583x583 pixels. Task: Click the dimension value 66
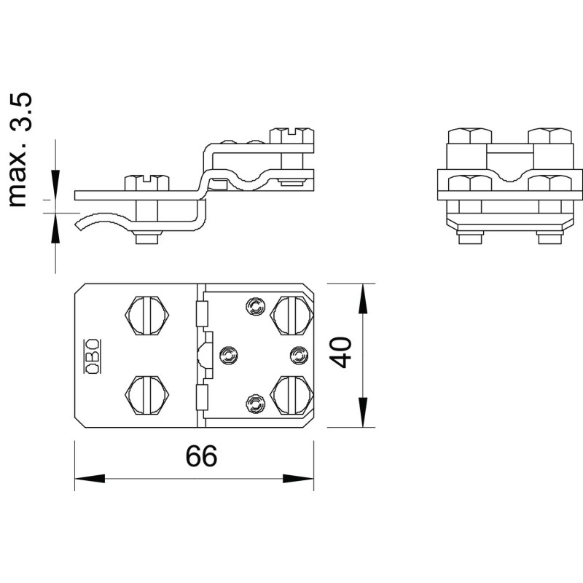(201, 456)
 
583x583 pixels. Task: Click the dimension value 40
(340, 353)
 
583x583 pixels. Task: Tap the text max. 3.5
(20, 150)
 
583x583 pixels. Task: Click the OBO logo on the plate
(93, 356)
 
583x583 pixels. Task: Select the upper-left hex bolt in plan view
(147, 316)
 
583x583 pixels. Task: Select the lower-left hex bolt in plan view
(147, 395)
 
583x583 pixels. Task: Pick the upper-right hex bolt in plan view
(292, 316)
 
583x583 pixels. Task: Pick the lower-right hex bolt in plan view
(292, 395)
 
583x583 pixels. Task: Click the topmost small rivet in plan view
(256, 307)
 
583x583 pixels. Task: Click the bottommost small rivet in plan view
(256, 404)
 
